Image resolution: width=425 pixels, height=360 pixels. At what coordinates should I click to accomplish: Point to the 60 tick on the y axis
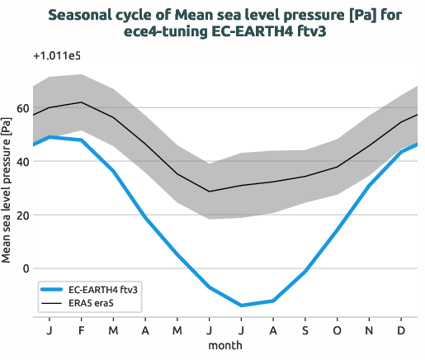pyautogui.click(x=22, y=109)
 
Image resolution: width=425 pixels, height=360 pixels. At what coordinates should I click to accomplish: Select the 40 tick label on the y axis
pyautogui.click(x=22, y=162)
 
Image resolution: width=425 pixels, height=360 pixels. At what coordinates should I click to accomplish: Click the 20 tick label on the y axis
pyautogui.click(x=22, y=216)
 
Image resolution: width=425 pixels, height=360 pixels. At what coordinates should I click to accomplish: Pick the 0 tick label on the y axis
pyautogui.click(x=26, y=268)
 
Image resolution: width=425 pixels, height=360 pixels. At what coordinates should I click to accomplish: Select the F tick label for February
pyautogui.click(x=81, y=329)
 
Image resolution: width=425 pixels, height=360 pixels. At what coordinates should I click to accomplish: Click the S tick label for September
pyautogui.click(x=305, y=329)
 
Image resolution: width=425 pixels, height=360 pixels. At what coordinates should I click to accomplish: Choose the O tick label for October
pyautogui.click(x=338, y=329)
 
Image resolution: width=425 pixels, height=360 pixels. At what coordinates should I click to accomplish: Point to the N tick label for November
pyautogui.click(x=370, y=329)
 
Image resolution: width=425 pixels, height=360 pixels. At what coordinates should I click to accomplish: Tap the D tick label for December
pyautogui.click(x=402, y=329)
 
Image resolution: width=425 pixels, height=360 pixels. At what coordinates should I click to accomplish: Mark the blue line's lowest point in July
pyautogui.click(x=241, y=306)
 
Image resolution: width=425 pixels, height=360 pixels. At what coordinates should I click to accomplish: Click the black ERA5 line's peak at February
pyautogui.click(x=81, y=102)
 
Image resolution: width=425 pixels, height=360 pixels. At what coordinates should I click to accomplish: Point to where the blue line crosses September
pyautogui.click(x=305, y=271)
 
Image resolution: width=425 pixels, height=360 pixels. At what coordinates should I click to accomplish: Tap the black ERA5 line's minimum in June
pyautogui.click(x=210, y=192)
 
